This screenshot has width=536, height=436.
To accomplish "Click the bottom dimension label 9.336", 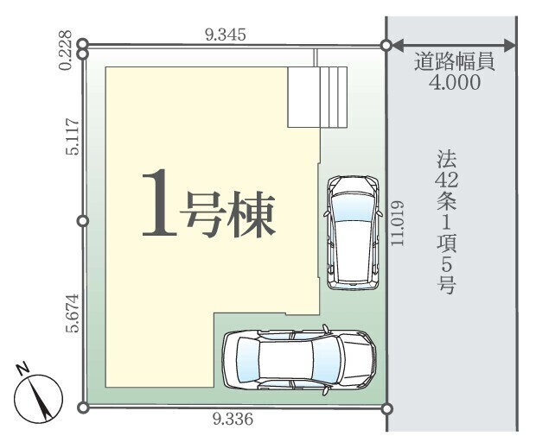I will [233, 420].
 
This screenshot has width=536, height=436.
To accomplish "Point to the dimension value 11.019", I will [398, 224].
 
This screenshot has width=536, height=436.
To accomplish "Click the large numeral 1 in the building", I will [156, 203].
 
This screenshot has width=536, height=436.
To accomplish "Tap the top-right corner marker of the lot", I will [386, 45].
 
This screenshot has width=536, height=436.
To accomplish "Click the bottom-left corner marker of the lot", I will [83, 407].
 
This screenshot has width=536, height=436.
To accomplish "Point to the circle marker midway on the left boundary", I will [83, 221].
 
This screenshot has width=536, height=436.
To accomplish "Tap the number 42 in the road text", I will [446, 182].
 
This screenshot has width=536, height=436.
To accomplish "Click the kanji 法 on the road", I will [446, 160].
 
